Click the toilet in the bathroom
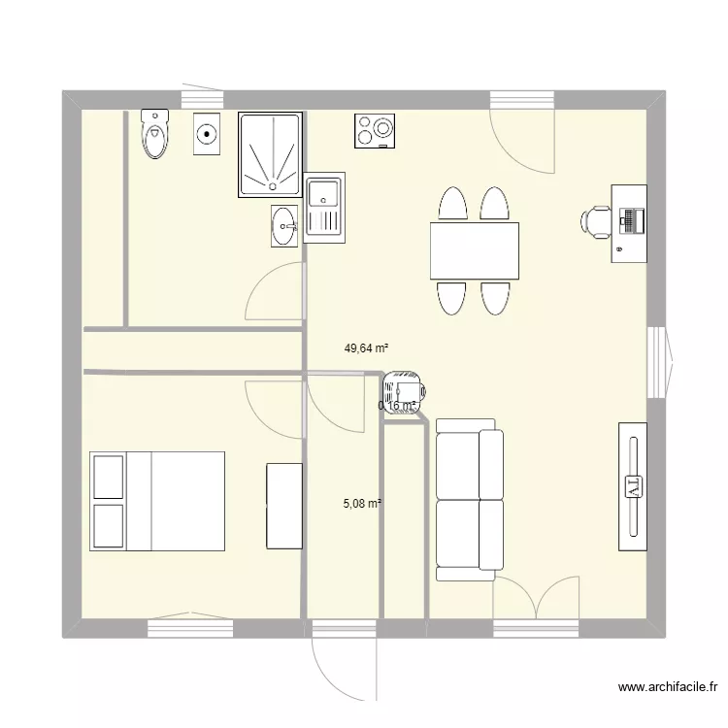click(x=154, y=134)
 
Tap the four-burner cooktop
click(x=376, y=131)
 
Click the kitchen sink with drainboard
click(x=324, y=208)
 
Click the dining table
click(x=474, y=250)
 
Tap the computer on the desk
click(x=631, y=220)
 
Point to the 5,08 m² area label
click(x=362, y=504)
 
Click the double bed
click(x=157, y=500)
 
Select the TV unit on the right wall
click(x=633, y=485)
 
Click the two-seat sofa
click(x=470, y=500)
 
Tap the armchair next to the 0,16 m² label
click(x=402, y=393)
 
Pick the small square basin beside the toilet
click(x=207, y=133)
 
